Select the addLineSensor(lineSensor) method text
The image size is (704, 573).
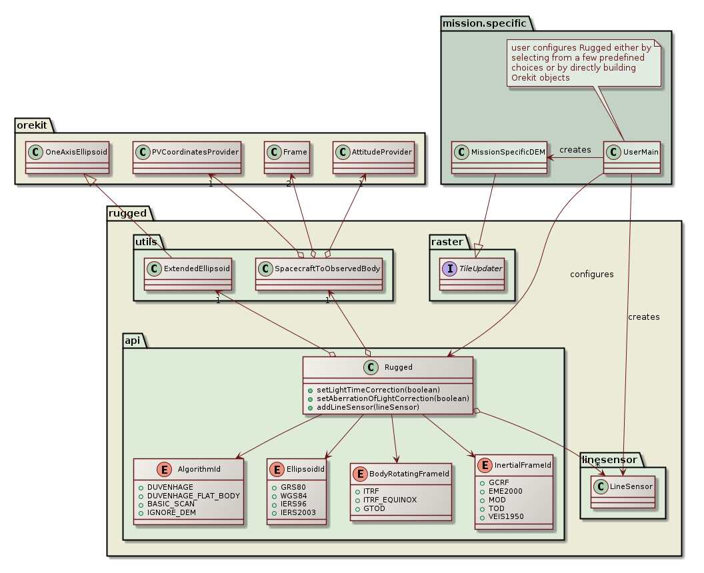pos(367,407)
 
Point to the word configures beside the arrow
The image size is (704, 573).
pos(592,274)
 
